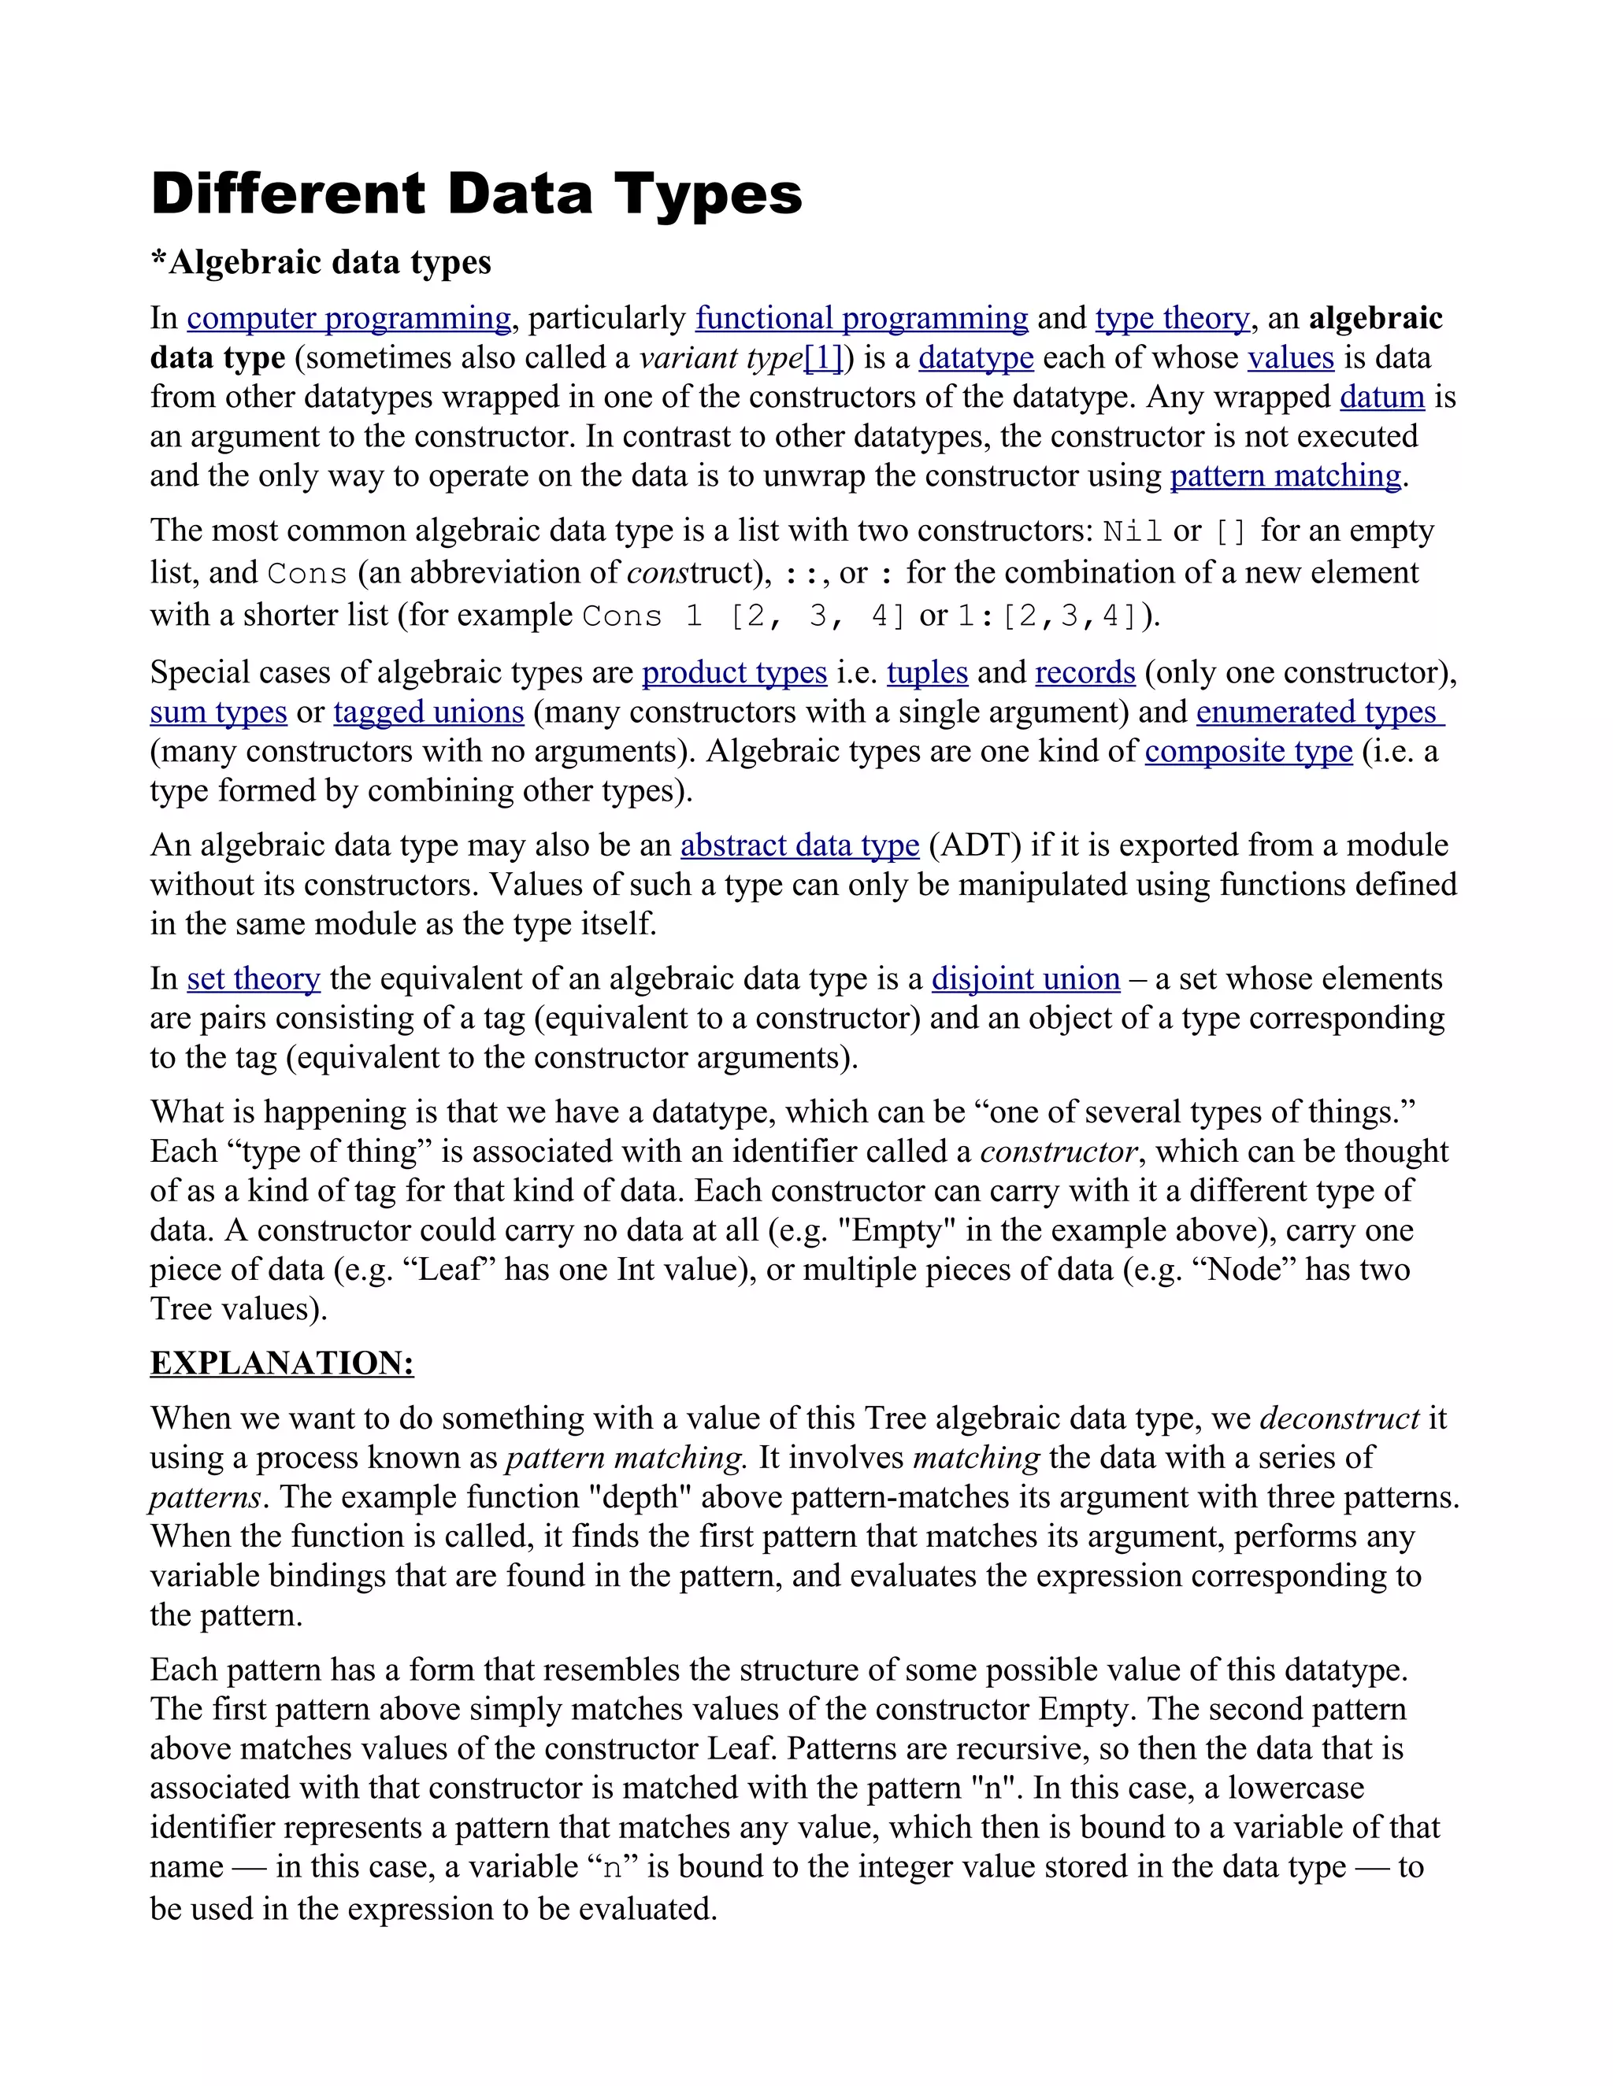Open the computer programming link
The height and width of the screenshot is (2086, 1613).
pos(349,318)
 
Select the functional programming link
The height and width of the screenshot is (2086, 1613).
pos(861,318)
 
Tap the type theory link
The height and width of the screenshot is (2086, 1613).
pos(1171,318)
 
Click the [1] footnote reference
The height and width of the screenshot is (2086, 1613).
pos(823,358)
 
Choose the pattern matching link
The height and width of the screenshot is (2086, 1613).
pos(1285,475)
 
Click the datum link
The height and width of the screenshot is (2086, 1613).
pos(1381,398)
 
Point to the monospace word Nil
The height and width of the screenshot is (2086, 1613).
pos(1133,531)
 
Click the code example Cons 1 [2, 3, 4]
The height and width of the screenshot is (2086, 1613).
pos(743,616)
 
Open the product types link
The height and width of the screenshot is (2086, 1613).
pos(734,672)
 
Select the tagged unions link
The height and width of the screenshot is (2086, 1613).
pos(428,712)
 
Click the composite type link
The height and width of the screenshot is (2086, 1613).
pos(1248,752)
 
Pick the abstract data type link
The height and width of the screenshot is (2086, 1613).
pos(799,845)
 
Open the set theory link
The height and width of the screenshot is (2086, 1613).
pos(254,979)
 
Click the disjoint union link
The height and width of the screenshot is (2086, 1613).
pos(1025,979)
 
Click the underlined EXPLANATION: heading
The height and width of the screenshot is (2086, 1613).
pos(282,1363)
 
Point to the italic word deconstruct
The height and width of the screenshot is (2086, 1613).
pos(1339,1418)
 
